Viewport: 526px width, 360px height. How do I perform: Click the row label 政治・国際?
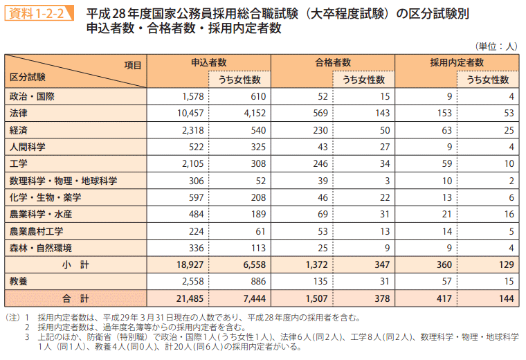(x=32, y=96)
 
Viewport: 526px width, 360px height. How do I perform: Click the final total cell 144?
(x=507, y=299)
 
